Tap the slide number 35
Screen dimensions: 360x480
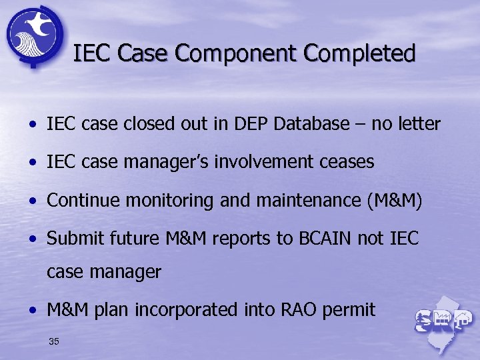coord(54,342)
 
